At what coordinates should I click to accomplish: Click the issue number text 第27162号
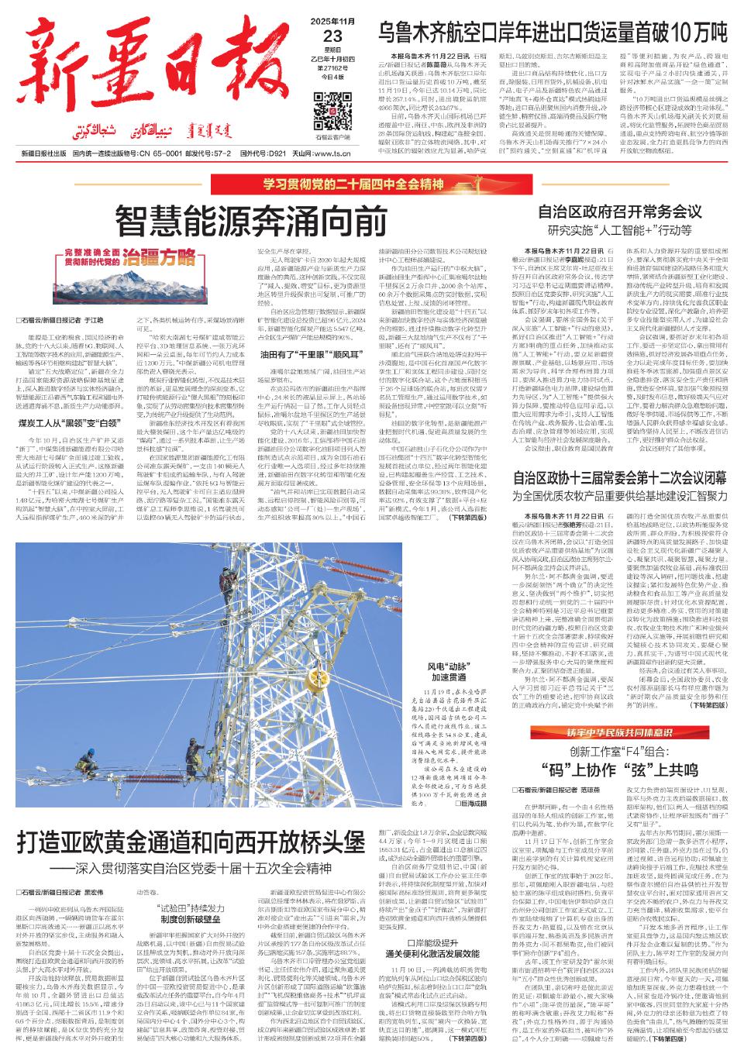(x=332, y=68)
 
